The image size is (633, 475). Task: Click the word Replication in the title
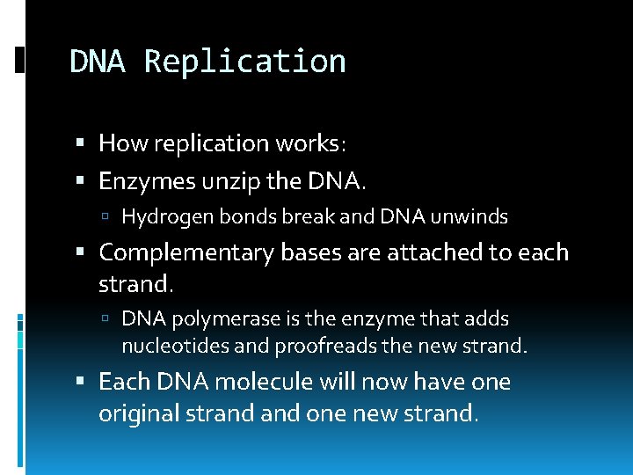coord(244,62)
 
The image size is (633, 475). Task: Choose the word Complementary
coord(187,253)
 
